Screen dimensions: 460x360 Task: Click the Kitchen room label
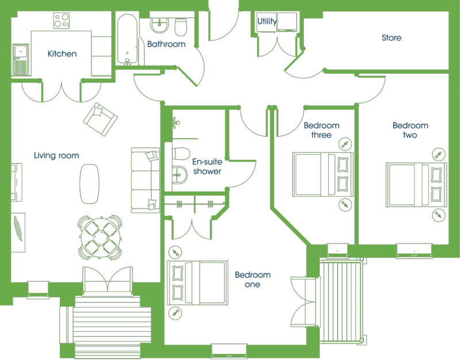click(x=62, y=53)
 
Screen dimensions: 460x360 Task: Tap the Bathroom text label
click(x=166, y=44)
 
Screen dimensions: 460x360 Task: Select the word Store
click(x=392, y=37)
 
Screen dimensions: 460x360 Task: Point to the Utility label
click(x=267, y=21)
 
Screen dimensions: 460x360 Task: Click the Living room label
click(x=56, y=155)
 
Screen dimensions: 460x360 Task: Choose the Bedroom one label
click(x=252, y=279)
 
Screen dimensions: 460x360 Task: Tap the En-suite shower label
click(x=207, y=166)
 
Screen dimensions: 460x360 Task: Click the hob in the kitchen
click(x=62, y=21)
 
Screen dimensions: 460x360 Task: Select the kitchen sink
click(x=21, y=60)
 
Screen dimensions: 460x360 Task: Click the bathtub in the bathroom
click(x=127, y=39)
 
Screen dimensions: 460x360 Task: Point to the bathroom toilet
click(x=181, y=26)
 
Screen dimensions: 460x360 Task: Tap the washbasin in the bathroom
click(x=159, y=25)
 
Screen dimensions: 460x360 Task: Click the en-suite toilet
click(x=181, y=154)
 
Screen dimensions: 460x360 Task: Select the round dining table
click(x=99, y=238)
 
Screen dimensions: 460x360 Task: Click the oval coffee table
click(x=90, y=183)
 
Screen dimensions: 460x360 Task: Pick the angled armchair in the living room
click(x=100, y=119)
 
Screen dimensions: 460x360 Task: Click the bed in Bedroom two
click(x=416, y=185)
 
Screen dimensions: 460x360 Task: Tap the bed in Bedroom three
click(x=323, y=174)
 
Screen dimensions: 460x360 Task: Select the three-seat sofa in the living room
click(x=145, y=180)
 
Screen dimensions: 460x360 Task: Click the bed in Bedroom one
click(x=197, y=282)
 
